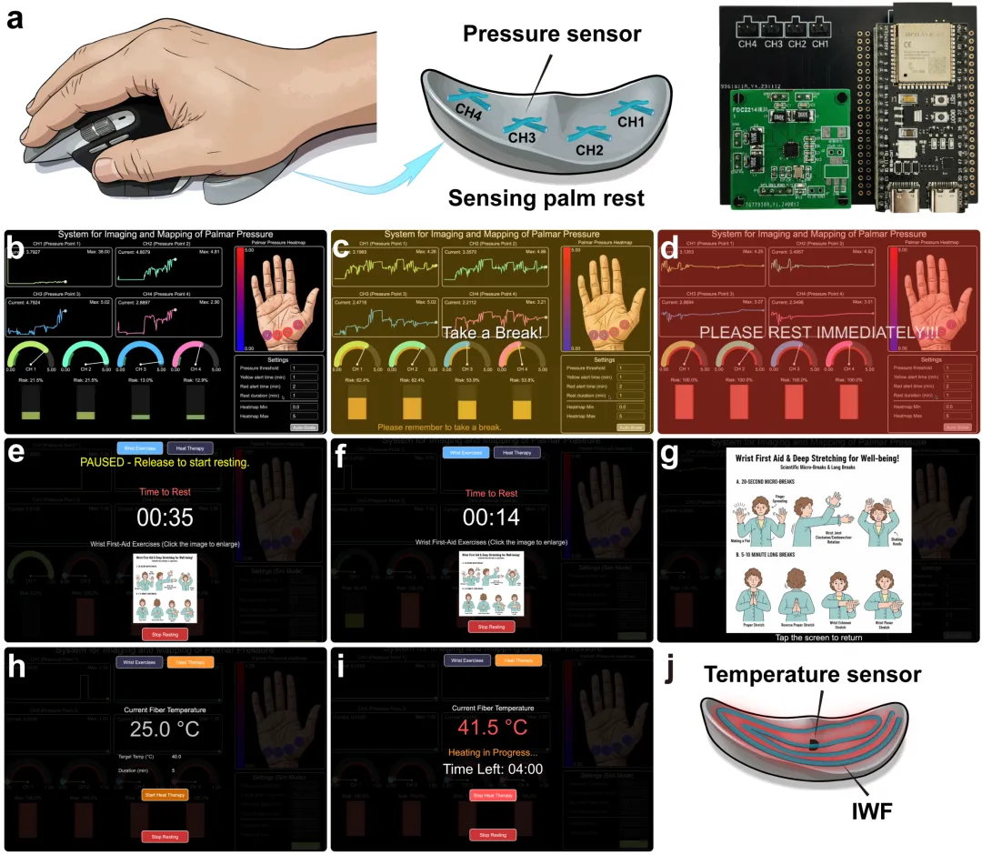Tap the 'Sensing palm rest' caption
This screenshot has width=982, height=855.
[x=546, y=198]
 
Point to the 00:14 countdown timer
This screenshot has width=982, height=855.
[x=491, y=518]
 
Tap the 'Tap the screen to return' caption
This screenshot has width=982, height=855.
[x=817, y=639]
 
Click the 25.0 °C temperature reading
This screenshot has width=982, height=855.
[x=164, y=729]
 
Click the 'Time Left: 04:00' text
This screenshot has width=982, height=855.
[x=491, y=769]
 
